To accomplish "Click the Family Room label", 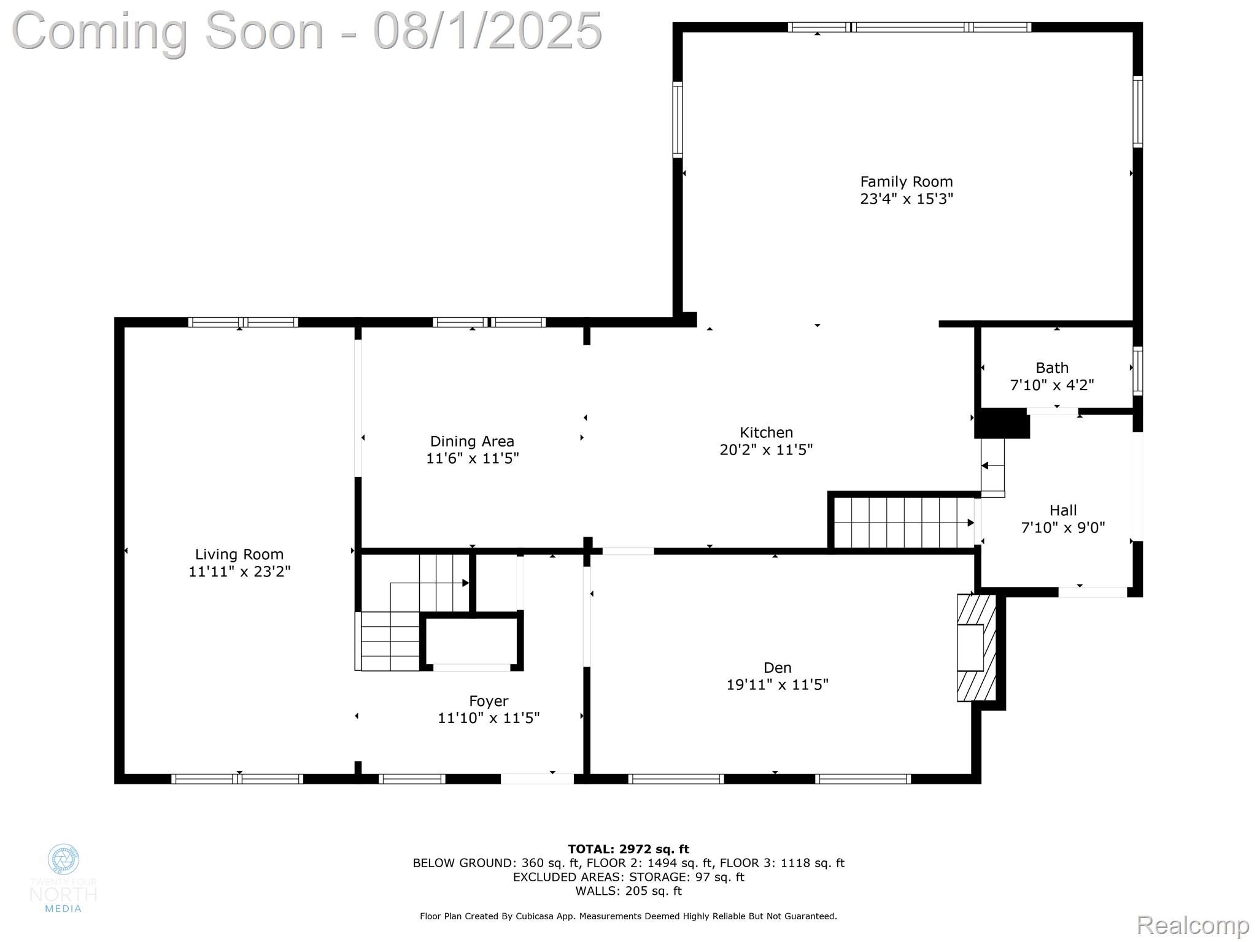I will point(906,182).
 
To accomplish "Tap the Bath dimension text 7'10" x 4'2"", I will point(1052,385).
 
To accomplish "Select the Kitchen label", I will point(766,432).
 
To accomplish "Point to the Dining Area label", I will point(472,441).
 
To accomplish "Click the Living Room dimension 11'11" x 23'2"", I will point(239,572).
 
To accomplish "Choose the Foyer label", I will point(489,701).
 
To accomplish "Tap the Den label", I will point(777,667).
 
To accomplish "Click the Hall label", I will point(1063,510).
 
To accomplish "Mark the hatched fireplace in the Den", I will point(976,648).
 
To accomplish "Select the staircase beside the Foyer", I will point(411,613).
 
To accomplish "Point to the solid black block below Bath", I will point(1002,424).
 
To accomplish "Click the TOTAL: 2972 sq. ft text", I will point(628,849).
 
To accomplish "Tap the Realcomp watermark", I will point(1192,925).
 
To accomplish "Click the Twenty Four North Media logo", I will point(63,878).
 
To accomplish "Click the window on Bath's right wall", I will point(1137,370).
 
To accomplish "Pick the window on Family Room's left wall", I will point(678,120).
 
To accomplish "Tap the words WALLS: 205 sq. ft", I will point(628,890).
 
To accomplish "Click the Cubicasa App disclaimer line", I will point(628,916).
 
